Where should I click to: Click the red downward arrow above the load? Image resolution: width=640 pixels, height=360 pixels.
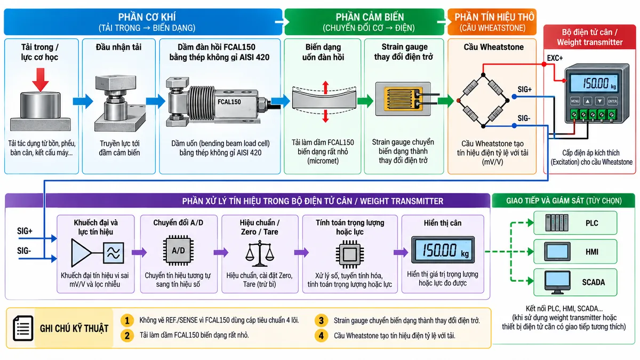[x=41, y=79]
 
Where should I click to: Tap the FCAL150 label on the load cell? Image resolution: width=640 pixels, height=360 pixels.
[x=229, y=102]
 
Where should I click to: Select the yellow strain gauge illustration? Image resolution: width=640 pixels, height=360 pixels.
[x=403, y=99]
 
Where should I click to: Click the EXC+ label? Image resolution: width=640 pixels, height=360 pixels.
[x=555, y=58]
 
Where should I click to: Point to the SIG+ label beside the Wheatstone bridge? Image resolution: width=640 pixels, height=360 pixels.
[x=525, y=90]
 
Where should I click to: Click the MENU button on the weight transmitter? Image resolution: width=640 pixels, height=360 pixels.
[x=575, y=101]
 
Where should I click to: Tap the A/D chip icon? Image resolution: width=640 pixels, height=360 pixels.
[x=178, y=251]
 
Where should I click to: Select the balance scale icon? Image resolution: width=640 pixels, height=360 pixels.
[x=259, y=253]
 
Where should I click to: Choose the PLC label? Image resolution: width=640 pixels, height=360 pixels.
[x=591, y=223]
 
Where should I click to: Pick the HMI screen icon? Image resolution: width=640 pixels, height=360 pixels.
[x=557, y=251]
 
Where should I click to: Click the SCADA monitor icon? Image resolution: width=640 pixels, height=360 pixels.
[x=557, y=283]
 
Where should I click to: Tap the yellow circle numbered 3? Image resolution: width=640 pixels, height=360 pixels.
[x=321, y=321]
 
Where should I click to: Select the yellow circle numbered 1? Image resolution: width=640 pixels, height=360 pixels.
[x=127, y=321]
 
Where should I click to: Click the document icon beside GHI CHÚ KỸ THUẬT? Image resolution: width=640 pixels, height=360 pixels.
[x=23, y=328]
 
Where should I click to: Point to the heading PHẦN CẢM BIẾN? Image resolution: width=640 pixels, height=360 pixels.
[x=370, y=17]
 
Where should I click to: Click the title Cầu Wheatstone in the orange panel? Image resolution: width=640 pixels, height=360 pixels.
[x=493, y=47]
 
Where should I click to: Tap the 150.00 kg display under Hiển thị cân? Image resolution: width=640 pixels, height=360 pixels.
[x=443, y=250]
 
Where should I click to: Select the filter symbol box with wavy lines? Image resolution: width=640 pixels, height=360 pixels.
[x=114, y=253]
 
